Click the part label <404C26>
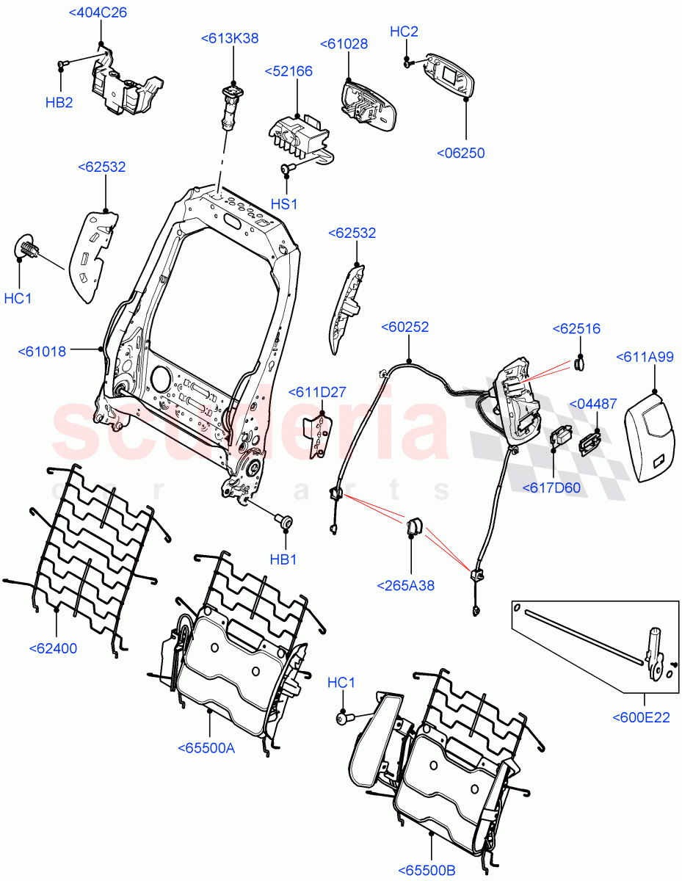point(97,12)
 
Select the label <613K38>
point(229,39)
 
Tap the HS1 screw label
point(284,202)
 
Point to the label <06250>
point(460,153)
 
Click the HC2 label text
point(404,32)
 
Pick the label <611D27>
point(317,393)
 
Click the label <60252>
point(405,327)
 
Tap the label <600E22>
point(641,717)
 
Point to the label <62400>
point(53,648)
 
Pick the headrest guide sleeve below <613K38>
point(228,106)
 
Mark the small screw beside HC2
point(407,63)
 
